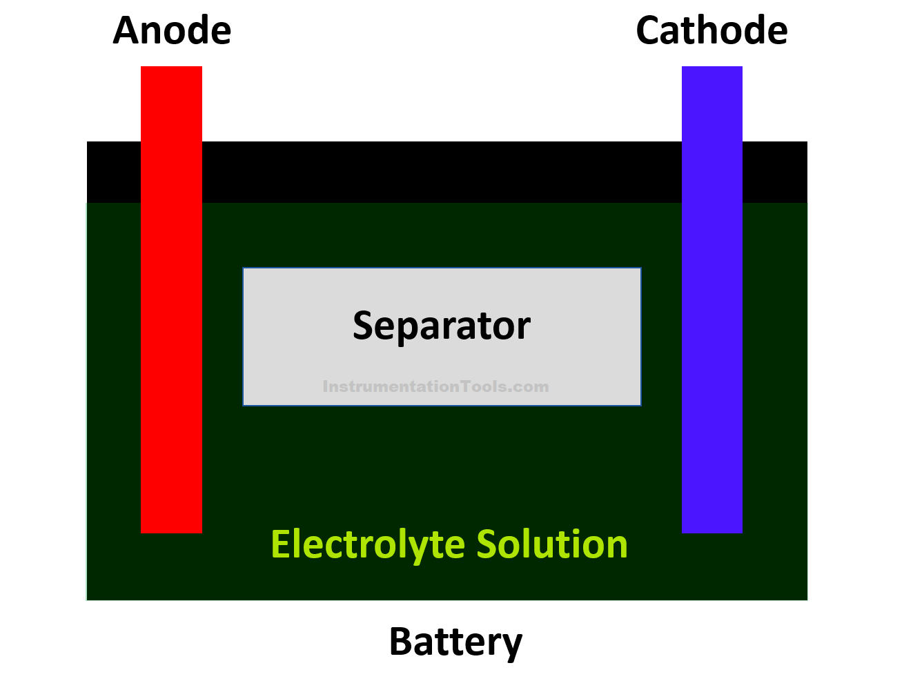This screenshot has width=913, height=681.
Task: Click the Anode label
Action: coord(172,31)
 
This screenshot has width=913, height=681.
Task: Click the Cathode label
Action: coord(711,31)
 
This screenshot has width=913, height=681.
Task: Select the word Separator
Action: coord(442,326)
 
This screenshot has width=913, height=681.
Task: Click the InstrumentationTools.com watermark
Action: coord(435,386)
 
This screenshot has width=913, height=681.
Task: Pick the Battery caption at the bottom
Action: coord(455,642)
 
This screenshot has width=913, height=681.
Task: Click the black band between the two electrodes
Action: coord(442,172)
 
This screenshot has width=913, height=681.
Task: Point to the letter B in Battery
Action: coord(402,642)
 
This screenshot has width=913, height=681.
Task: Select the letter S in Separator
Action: coord(363,326)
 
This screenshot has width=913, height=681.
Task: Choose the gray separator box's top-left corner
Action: coord(244,269)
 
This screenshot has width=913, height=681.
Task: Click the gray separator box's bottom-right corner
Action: coord(640,404)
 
